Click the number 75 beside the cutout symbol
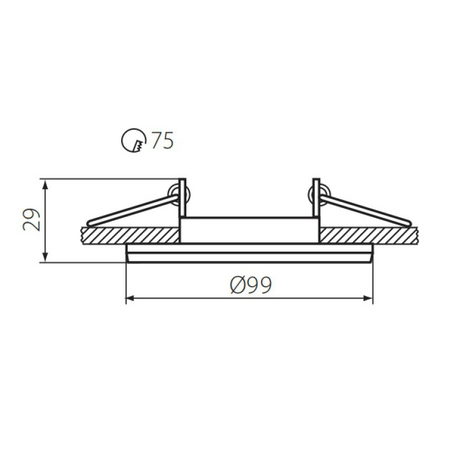coord(163,140)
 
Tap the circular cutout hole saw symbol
coord(133,140)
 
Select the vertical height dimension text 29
coord(31,220)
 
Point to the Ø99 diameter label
coord(251,285)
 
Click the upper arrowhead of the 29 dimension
coord(45,184)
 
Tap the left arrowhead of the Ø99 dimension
coord(132,298)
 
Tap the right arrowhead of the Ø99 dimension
coord(368,298)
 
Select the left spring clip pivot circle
coord(179,195)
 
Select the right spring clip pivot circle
coord(319,195)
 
